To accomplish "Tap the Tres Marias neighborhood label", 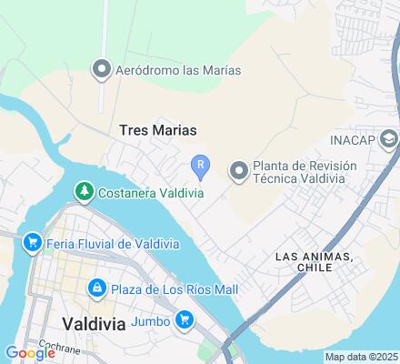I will (157, 130).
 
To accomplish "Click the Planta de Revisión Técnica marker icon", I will (239, 170).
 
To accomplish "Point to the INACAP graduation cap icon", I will (390, 140).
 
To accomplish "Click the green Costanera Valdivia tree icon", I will (84, 191).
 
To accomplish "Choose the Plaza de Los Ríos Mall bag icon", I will (95, 288).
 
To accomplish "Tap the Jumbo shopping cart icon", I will (185, 319).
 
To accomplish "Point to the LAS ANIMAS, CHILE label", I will (313, 262).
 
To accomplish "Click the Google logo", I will (30, 353).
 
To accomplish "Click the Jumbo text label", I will (151, 319).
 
